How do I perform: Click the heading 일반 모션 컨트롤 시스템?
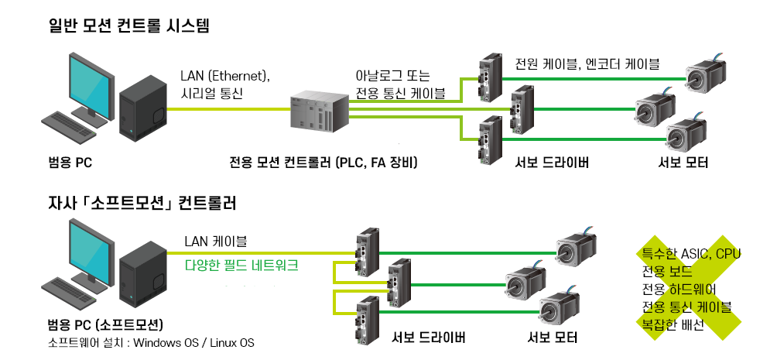point(128,26)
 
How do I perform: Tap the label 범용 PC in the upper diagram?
point(70,163)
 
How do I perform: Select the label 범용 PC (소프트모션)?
point(104,322)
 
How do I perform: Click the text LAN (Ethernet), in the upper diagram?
point(224,77)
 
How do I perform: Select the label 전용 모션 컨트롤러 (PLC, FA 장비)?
point(324,163)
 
